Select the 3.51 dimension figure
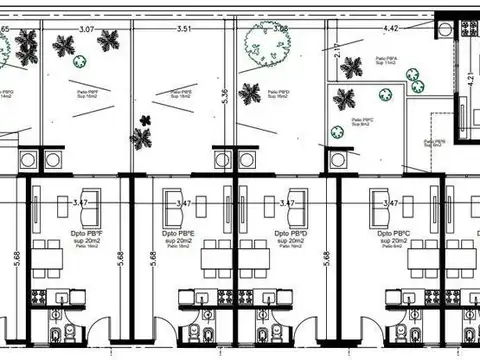click(x=183, y=30)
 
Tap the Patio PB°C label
click(x=362, y=123)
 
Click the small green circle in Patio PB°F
click(x=79, y=58)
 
